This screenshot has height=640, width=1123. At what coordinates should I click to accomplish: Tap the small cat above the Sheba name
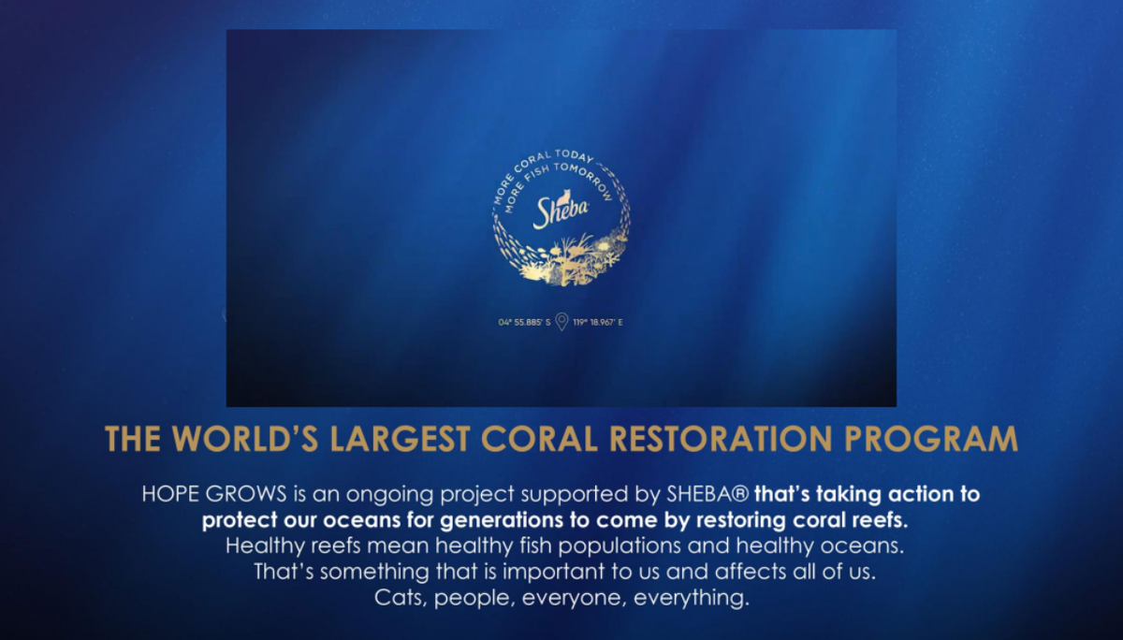pos(565,196)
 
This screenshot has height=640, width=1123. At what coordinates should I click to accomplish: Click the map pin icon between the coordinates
pos(562,322)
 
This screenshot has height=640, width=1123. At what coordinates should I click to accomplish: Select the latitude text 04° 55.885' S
pos(524,322)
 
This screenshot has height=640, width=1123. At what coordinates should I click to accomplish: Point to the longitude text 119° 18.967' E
pos(598,322)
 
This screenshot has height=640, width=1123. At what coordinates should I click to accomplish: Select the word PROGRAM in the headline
pos(931,439)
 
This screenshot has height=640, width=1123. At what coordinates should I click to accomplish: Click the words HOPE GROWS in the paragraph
pos(214,494)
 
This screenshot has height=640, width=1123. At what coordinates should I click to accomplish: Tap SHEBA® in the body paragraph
pos(707,494)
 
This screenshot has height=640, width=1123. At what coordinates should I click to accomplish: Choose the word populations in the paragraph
pos(620,546)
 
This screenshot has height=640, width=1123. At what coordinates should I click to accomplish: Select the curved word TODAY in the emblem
pos(575,155)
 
